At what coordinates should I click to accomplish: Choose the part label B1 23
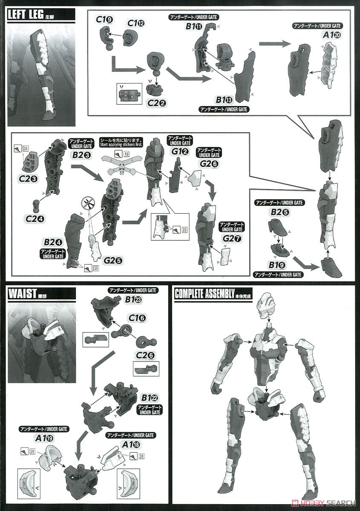[x=133, y=299]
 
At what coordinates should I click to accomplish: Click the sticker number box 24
[x=26, y=149]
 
